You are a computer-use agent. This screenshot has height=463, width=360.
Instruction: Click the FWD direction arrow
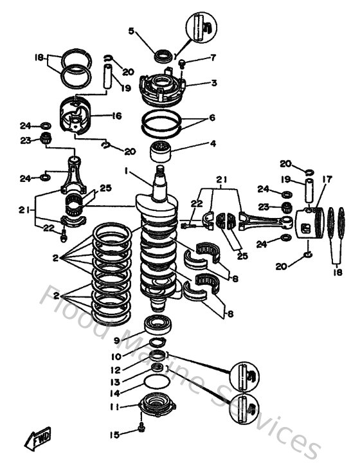[x=40, y=439]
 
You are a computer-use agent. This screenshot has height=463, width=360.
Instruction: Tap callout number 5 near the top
[x=132, y=30]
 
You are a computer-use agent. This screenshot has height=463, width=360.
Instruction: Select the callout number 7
[x=195, y=58]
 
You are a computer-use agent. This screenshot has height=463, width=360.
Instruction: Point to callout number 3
[x=195, y=83]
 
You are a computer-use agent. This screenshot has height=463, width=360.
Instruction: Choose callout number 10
[x=116, y=356]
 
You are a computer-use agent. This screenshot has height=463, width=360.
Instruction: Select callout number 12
[x=116, y=369]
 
